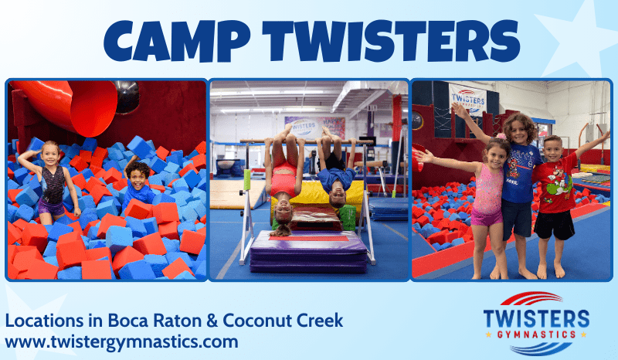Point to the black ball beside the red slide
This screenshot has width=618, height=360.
pyautogui.click(x=126, y=96)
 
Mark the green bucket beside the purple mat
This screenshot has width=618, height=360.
pyautogui.click(x=348, y=218)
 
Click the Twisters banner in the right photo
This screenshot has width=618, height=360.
pyautogui.click(x=467, y=98)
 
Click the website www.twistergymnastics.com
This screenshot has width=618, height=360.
pyautogui.click(x=121, y=341)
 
